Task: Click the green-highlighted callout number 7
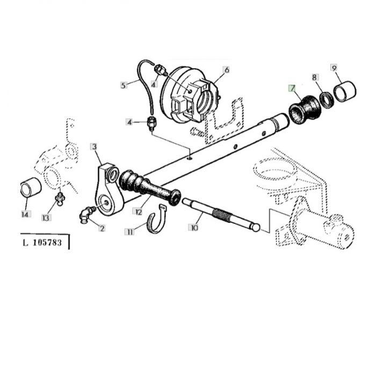[292, 89]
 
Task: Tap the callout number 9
[334, 68]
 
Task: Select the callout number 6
[227, 70]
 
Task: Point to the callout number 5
[124, 85]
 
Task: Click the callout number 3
[94, 147]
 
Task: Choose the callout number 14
[26, 214]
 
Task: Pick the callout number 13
[46, 218]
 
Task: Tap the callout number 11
[130, 232]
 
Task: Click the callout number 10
[194, 227]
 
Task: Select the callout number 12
[139, 212]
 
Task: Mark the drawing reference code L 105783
[42, 243]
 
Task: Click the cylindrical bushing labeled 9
[345, 91]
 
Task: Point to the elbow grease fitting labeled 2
[86, 214]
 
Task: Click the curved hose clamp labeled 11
[156, 219]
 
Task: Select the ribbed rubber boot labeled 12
[149, 188]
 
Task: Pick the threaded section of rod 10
[222, 214]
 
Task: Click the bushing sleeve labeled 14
[31, 187]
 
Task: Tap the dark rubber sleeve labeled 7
[304, 110]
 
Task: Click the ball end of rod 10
[256, 227]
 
